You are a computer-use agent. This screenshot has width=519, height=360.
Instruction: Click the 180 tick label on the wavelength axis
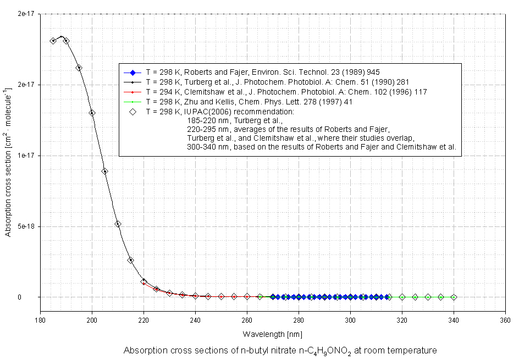coord(40,319)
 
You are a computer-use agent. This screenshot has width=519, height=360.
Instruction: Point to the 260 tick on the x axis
coord(247,319)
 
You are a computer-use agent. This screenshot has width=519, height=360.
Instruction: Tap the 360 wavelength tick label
coord(505,319)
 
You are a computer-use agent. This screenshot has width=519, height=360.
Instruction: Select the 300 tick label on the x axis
coord(350,319)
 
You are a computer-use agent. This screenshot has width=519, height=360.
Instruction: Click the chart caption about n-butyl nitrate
coord(280,351)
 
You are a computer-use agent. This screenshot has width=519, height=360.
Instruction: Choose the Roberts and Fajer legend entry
coord(263,72)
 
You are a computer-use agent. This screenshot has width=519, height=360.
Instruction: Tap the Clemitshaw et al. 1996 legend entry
coord(286,92)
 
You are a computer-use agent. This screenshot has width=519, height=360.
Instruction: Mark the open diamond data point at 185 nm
coord(53,41)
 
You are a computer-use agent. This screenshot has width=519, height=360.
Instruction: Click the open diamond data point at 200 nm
coord(92,113)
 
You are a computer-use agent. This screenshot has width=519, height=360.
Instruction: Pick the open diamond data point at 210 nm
coord(118,224)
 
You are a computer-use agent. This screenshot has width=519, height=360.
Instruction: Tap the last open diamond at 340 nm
coord(454,297)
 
